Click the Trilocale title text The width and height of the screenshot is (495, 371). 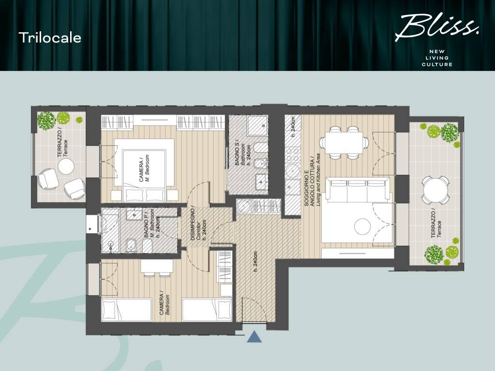pyautogui.click(x=50, y=38)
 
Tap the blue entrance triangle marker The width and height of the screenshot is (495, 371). pyautogui.click(x=254, y=337)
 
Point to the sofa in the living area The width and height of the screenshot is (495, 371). pyautogui.click(x=358, y=190)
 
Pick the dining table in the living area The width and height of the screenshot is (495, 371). pyautogui.click(x=344, y=142)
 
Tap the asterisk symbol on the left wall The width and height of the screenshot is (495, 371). pyautogui.click(x=90, y=230)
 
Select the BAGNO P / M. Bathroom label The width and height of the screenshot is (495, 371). pyautogui.click(x=148, y=223)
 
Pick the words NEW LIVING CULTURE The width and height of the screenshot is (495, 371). pyautogui.click(x=437, y=58)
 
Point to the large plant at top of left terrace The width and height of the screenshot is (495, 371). pyautogui.click(x=46, y=121)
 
